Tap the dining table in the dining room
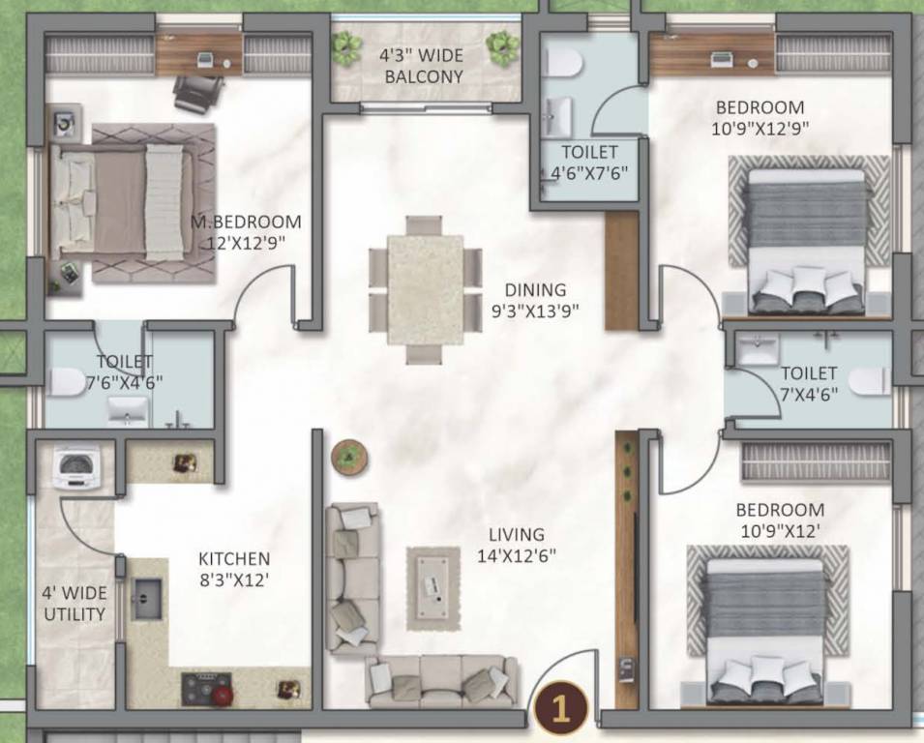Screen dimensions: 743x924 pos(425,287)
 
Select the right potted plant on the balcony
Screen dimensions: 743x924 pos(501,44)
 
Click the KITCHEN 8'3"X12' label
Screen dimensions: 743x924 pos(233,570)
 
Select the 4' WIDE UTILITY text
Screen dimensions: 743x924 pos(73,604)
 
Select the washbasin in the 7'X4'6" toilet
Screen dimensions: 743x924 pos(759,346)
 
